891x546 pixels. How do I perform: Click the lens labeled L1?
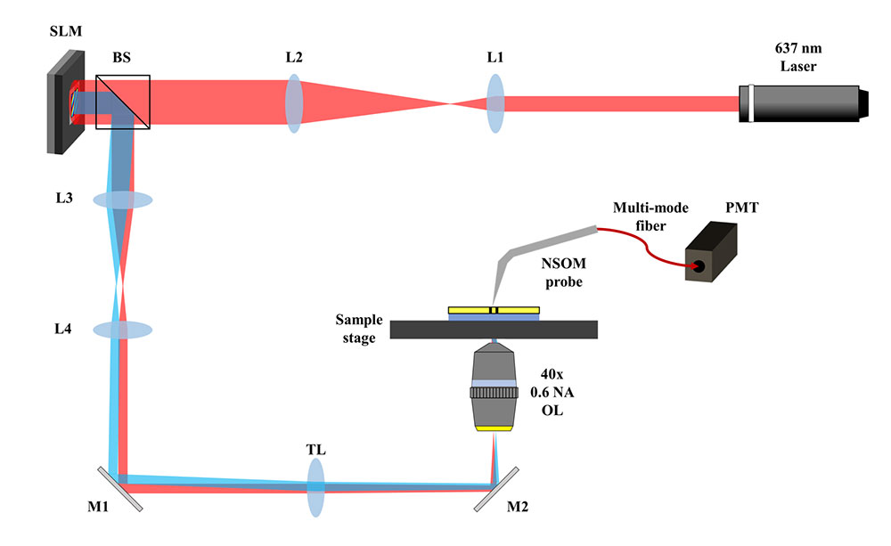[x=496, y=103]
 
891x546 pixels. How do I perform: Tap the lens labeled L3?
[x=123, y=200]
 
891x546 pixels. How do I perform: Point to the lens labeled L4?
[x=123, y=330]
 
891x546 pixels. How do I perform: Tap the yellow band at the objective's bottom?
[x=493, y=429]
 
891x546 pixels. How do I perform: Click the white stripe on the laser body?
[x=753, y=104]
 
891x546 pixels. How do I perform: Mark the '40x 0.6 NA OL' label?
[x=560, y=392]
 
